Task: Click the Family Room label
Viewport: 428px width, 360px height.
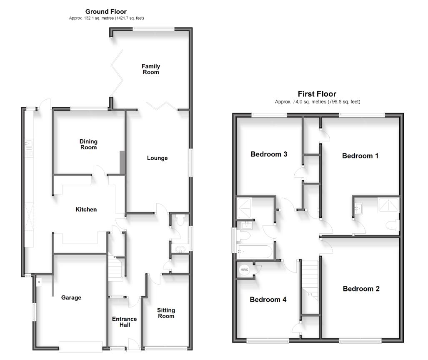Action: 150,69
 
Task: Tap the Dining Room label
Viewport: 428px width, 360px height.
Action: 88,144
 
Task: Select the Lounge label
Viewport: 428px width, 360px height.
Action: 157,158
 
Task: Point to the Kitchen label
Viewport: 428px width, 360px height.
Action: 86,209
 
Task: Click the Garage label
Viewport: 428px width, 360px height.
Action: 71,297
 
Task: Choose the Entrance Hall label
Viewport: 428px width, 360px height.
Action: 125,322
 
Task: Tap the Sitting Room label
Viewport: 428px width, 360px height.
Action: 166,313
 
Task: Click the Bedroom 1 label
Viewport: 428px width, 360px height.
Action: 360,156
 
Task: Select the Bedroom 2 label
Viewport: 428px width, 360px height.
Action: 361,289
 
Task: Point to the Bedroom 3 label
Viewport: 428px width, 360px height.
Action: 269,154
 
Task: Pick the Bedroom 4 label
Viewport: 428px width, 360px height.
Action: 268,300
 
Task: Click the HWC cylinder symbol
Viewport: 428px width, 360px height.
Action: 244,270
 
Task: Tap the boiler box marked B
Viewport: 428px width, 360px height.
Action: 39,282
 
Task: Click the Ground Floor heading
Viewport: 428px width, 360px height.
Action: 106,12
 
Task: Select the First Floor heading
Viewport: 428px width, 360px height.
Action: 317,94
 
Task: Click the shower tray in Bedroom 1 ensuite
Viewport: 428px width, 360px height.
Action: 388,204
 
